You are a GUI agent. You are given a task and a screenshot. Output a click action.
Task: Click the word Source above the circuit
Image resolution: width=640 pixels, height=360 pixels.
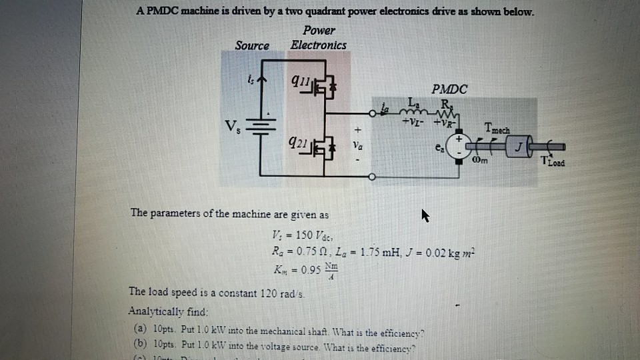(252, 46)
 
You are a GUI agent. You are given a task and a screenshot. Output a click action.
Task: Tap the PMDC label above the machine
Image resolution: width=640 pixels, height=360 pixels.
(449, 89)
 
